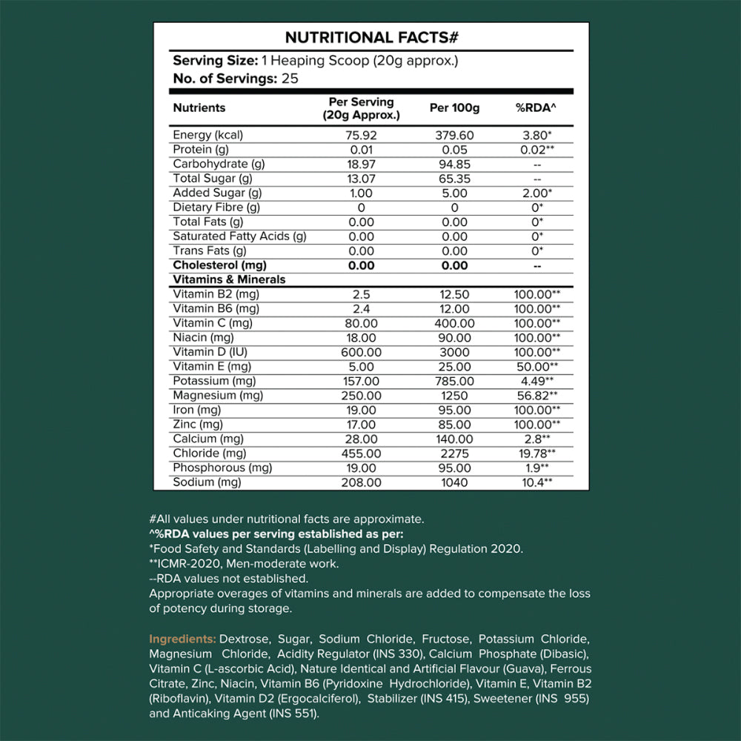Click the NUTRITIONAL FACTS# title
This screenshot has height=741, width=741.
370,38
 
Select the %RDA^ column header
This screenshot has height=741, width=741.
536,108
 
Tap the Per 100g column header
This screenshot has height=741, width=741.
454,108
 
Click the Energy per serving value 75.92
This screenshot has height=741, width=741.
361,135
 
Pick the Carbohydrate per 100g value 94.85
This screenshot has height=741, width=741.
454,164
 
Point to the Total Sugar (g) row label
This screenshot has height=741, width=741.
213,179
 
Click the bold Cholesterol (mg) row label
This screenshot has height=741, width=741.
219,265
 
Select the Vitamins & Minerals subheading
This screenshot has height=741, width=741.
229,280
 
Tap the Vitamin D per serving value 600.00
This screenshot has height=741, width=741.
361,352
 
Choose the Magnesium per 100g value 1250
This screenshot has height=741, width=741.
454,396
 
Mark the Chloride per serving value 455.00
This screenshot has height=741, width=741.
361,453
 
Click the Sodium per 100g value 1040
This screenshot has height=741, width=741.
454,482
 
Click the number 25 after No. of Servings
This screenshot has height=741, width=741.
290,78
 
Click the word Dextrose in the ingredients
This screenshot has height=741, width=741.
243,639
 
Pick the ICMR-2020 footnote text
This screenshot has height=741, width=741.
245,563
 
